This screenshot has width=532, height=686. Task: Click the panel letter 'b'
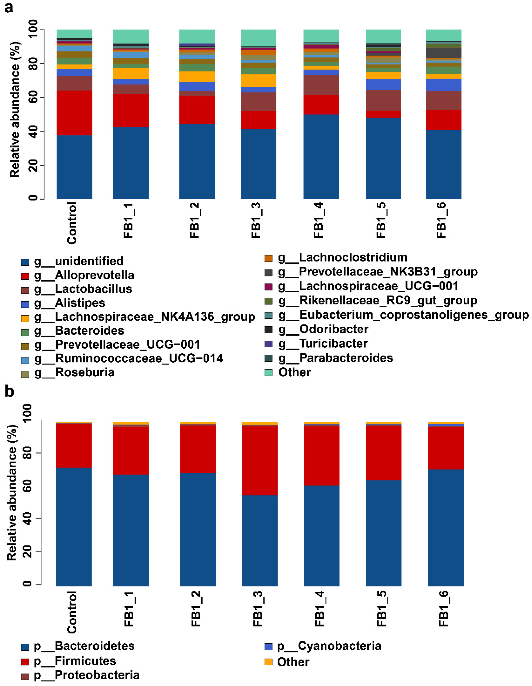(9, 392)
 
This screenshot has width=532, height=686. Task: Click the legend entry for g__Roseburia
(85, 372)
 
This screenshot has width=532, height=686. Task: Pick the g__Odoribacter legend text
(334, 329)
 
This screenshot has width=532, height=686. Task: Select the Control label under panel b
(72, 612)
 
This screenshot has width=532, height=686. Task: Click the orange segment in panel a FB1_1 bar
(131, 73)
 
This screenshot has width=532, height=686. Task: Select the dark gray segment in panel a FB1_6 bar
(443, 53)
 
